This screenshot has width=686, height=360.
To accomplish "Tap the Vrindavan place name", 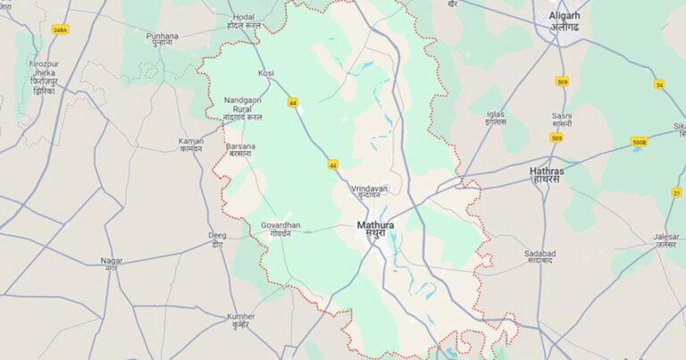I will click(369, 189).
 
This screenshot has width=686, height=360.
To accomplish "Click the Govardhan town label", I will click(281, 225).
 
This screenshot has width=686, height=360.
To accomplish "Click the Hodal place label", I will click(243, 16).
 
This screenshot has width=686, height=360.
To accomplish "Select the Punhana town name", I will click(163, 36).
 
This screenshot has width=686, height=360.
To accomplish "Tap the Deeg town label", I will click(217, 235).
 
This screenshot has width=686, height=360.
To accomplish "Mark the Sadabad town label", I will click(540, 254).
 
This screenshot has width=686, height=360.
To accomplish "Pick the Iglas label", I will click(496, 114).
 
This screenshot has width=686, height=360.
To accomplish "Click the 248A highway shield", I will click(60, 29).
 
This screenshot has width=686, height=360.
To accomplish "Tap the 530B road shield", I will click(639, 141).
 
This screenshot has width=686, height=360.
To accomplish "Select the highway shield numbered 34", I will click(659, 84).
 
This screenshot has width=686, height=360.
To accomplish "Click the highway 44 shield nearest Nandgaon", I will click(293, 102).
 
